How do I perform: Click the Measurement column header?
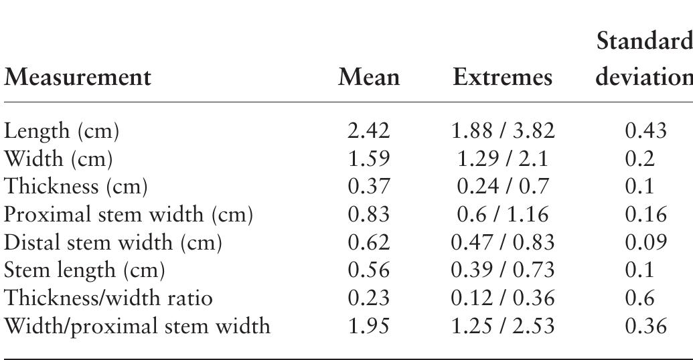78,78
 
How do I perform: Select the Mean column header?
369,78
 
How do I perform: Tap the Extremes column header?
503,78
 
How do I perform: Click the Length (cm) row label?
62,132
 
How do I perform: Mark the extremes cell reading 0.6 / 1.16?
503,214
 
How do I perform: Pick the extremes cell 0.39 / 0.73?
503,270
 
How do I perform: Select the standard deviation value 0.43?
645,132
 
